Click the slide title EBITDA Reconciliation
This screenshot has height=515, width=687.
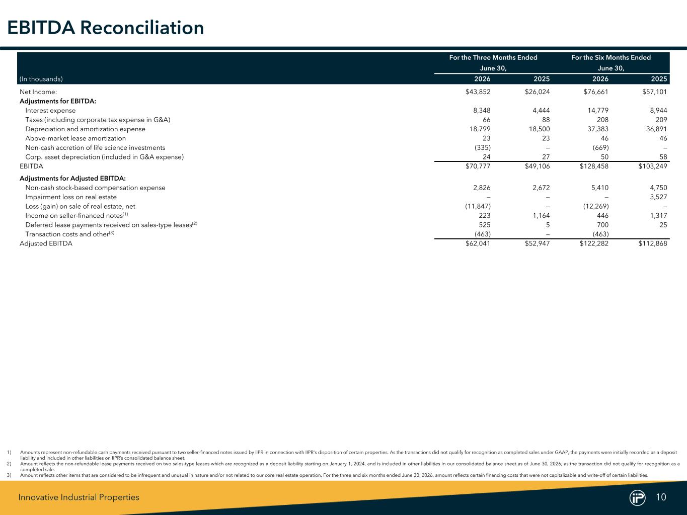(106, 28)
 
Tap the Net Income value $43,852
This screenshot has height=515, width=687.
(478, 92)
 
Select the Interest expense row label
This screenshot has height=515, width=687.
(50, 110)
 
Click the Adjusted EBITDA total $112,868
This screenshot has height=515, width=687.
(653, 243)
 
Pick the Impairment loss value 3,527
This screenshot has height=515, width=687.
(658, 197)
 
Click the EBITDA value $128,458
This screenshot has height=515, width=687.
(594, 166)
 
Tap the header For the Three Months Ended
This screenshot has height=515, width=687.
(493, 57)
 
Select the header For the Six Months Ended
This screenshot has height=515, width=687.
(611, 57)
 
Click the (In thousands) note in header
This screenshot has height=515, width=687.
(41, 79)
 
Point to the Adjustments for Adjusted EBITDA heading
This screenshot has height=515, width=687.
(72, 179)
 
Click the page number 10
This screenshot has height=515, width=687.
(661, 497)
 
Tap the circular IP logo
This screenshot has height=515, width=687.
(638, 497)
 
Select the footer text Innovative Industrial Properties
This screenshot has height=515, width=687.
(79, 497)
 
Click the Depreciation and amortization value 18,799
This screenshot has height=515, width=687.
(480, 129)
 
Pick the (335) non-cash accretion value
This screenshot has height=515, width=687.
(483, 147)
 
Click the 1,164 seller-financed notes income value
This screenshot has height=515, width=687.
(542, 216)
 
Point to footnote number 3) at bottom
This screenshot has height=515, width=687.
(9, 475)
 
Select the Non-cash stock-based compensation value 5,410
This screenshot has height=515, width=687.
(600, 188)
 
